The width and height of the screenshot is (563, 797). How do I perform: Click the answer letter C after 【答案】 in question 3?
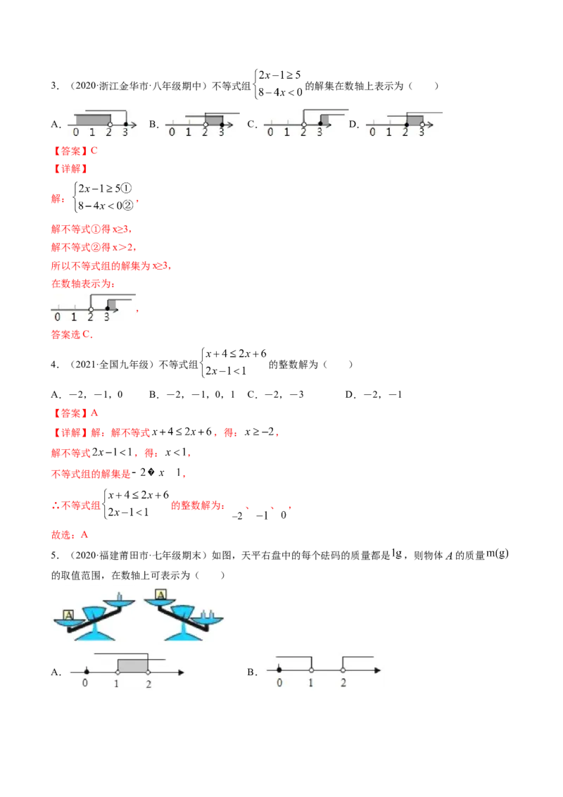point(94,151)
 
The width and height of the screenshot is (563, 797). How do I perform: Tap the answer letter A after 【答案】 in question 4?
point(94,413)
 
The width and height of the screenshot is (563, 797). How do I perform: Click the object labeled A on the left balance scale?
point(68,615)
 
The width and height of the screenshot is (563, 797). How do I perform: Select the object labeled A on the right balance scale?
point(160,595)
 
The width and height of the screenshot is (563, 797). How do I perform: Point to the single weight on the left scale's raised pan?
point(120,596)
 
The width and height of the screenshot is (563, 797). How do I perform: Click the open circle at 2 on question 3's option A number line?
point(110,124)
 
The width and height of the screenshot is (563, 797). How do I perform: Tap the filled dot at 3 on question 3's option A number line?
point(125,124)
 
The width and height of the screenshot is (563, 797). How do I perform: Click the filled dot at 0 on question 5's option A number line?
point(87,672)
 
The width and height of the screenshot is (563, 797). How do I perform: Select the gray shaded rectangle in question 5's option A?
point(132,665)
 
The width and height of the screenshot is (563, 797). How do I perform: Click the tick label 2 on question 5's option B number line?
point(343,683)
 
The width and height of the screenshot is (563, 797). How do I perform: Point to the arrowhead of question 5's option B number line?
point(377,670)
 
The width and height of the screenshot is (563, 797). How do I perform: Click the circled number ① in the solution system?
point(127,189)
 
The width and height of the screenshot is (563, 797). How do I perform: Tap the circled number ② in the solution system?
point(128,206)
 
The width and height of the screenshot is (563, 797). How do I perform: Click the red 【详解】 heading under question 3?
point(70,169)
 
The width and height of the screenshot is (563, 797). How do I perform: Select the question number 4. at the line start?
point(54,365)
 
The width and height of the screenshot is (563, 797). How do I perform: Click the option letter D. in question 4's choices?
point(350,394)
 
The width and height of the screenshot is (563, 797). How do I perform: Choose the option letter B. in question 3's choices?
point(153,124)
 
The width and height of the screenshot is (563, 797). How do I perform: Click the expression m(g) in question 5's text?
point(498,553)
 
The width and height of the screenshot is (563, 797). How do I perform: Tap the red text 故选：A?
point(70,534)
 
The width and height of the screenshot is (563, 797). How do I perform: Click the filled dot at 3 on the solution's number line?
point(107,308)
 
